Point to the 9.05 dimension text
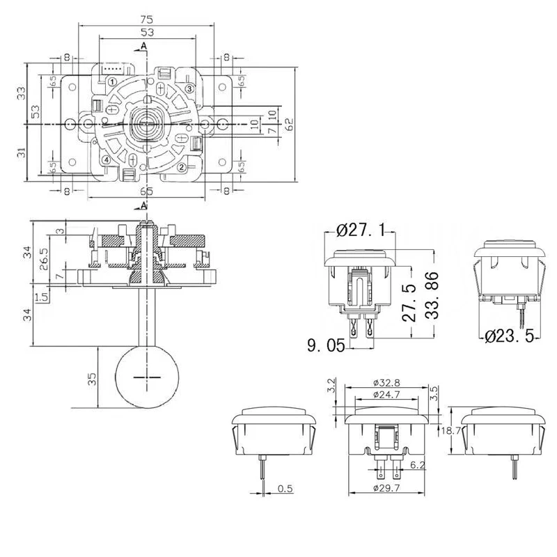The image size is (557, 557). pos(325,344)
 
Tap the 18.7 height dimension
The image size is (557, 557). pos(452,432)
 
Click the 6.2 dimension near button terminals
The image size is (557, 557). pos(418,464)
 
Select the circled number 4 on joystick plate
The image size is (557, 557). pos(106,159)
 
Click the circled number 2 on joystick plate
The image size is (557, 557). pos(182,167)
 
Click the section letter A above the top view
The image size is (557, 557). pos(144,46)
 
